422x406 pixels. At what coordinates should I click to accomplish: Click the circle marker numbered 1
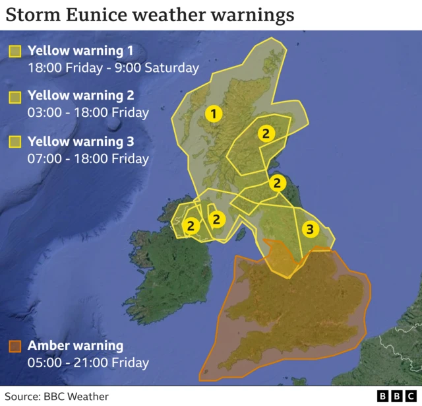[x=212, y=114]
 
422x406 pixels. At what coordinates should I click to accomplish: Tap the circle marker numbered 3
[x=310, y=229]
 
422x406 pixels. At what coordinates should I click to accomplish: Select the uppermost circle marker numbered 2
[x=265, y=133]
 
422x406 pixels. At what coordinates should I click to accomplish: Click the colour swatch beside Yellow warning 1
[x=15, y=51]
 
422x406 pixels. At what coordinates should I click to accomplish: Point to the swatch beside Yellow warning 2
[x=15, y=96]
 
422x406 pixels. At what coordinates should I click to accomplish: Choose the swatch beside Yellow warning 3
[x=15, y=142]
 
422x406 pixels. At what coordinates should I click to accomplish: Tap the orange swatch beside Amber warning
[x=15, y=346]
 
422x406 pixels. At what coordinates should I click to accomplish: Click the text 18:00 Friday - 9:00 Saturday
[x=113, y=67]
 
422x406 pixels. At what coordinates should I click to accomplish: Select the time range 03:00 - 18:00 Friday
[x=88, y=112]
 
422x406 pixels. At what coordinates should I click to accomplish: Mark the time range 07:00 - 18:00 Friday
[x=88, y=158]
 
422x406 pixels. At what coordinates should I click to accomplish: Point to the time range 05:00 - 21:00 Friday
[x=88, y=362]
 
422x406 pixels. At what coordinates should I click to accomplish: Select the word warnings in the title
[x=254, y=14]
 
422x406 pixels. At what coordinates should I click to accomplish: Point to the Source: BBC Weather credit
[x=57, y=396]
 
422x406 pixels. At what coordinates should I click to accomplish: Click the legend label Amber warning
[x=75, y=346]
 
